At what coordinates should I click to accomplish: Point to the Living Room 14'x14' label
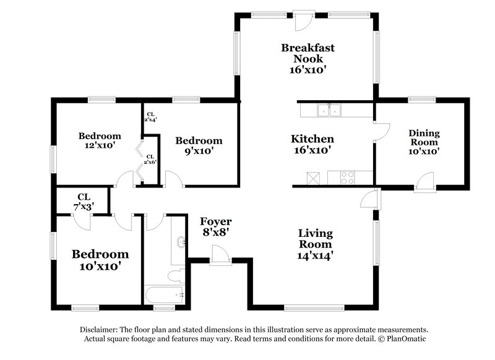pyautogui.click(x=316, y=244)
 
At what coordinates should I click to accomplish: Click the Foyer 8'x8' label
pyautogui.click(x=216, y=227)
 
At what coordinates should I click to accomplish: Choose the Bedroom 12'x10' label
pyautogui.click(x=100, y=142)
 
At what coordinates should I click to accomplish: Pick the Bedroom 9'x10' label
pyautogui.click(x=198, y=146)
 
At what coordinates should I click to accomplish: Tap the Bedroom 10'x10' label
pyautogui.click(x=100, y=260)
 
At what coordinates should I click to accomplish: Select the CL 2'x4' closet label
pyautogui.click(x=150, y=116)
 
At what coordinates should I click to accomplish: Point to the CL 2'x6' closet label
pyautogui.click(x=150, y=160)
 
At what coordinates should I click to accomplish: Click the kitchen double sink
pyautogui.click(x=329, y=111)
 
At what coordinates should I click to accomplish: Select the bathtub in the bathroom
pyautogui.click(x=165, y=294)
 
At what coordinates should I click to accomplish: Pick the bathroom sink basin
pyautogui.click(x=180, y=242)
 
